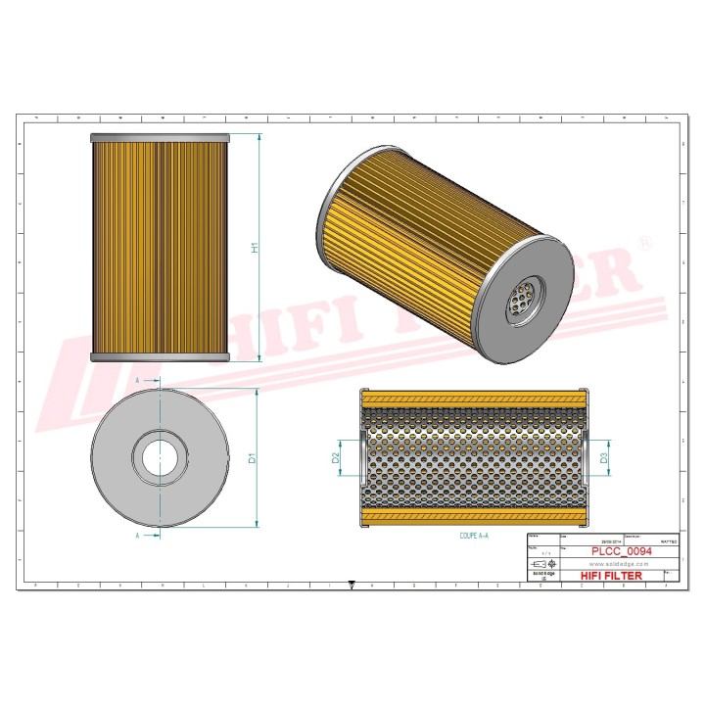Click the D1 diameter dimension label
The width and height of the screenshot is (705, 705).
(x=253, y=457)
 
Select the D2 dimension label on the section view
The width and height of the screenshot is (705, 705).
(x=336, y=457)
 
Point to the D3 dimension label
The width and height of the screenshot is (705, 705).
(x=604, y=457)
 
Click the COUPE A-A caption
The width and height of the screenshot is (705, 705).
(x=475, y=537)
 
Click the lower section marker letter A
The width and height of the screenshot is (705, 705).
(x=138, y=537)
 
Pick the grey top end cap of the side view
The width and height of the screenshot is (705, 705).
(x=160, y=138)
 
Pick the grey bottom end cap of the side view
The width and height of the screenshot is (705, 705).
(x=160, y=357)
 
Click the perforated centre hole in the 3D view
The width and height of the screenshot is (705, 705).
(x=520, y=300)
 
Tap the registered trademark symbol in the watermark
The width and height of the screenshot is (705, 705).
(x=644, y=241)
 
